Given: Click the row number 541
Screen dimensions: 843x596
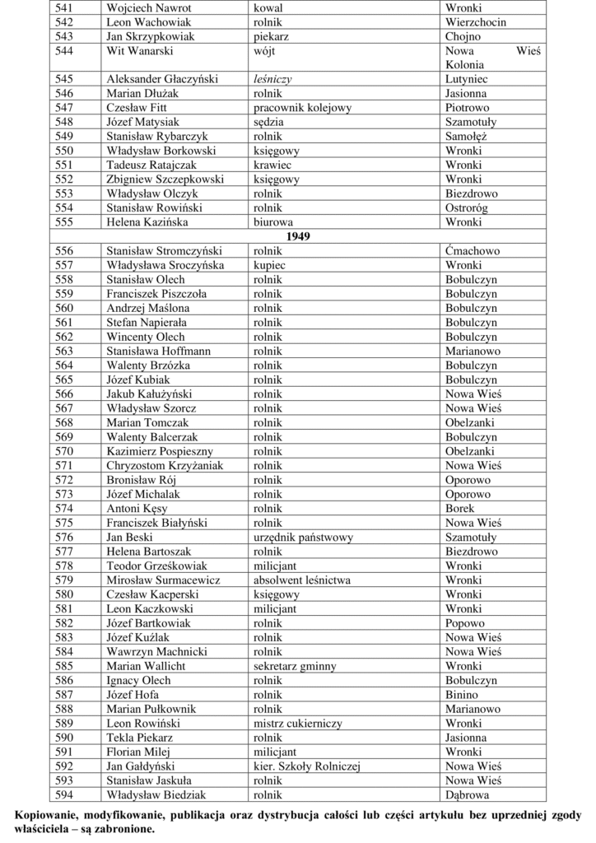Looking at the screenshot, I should tap(64, 7).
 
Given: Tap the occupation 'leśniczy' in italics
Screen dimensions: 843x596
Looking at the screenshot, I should tap(273, 79).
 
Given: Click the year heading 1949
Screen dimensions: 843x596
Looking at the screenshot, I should tap(298, 236).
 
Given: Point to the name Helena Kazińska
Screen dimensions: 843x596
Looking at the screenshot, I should tap(147, 222).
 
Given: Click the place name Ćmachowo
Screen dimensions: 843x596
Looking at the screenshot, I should tap(473, 251).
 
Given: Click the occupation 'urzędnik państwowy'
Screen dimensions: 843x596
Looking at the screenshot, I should tap(304, 537).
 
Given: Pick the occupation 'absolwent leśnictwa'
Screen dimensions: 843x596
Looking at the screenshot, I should tap(302, 580).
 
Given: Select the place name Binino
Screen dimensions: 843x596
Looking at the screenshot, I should tap(462, 695).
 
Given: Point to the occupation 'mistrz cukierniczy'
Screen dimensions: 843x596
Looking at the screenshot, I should tap(298, 723).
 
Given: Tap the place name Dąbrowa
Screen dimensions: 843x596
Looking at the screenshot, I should tap(468, 794).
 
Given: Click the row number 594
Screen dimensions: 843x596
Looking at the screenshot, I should tap(64, 794).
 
